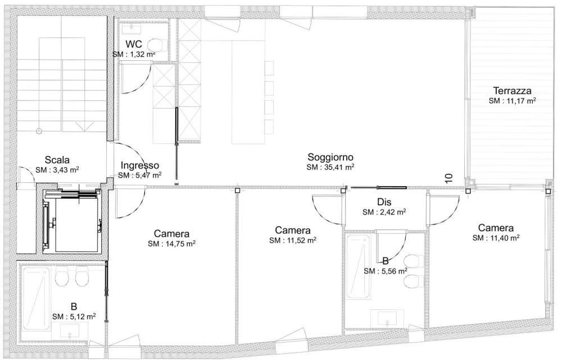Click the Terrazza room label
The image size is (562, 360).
coord(512,90)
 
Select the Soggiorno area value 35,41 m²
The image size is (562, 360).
coord(330,167)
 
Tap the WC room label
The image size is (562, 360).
coord(133,44)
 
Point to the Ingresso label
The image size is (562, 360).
coord(140,165)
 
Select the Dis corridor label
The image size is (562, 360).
coord(384,202)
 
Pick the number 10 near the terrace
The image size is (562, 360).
coord(448,179)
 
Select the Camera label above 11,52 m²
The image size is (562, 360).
coord(292,230)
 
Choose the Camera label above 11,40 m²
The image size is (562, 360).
coord(495,228)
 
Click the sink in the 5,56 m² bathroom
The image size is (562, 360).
coord(388,321)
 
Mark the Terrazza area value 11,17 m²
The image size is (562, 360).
coord(511,101)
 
